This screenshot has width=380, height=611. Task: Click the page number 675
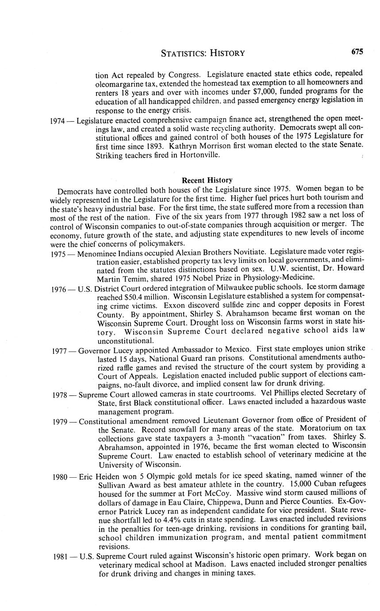[x=357, y=52]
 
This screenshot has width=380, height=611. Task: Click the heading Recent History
[x=207, y=180]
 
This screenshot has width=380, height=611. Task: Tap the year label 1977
[x=59, y=351]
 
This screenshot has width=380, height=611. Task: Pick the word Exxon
[x=174, y=305]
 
